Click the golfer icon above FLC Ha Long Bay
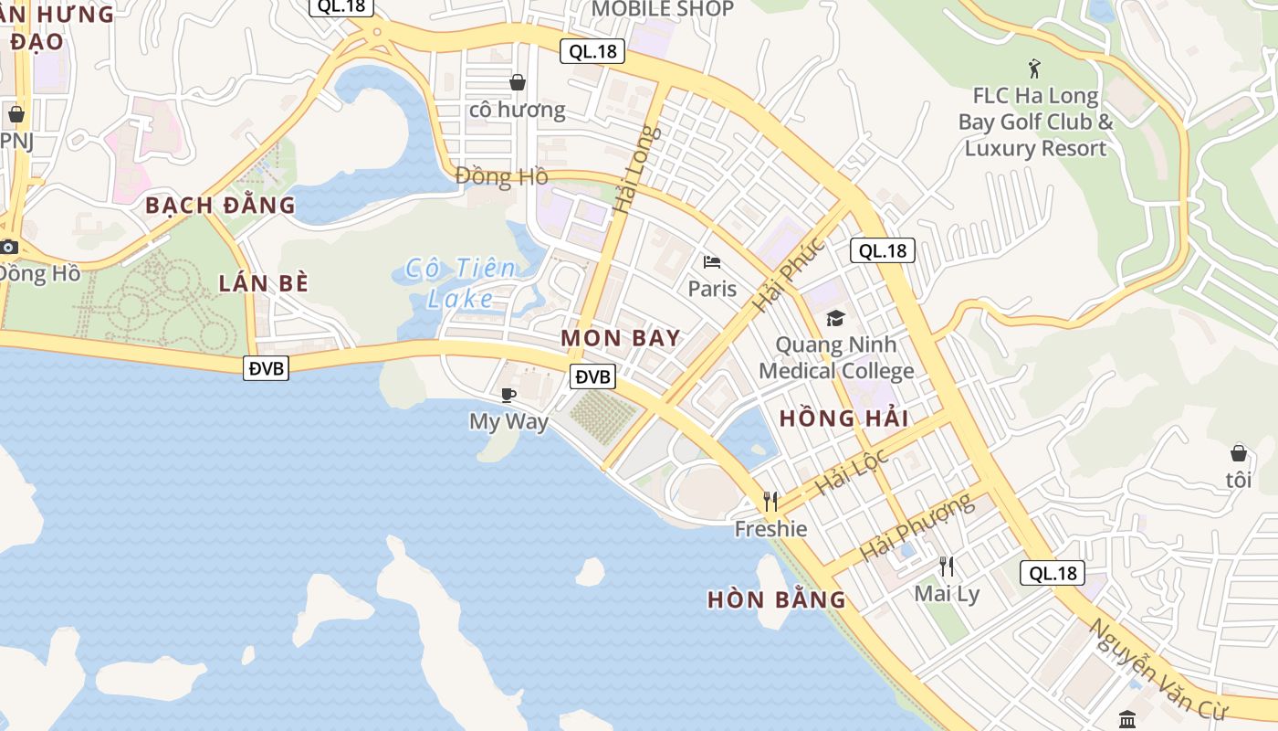tap(1034, 69)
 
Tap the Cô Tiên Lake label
tap(462, 282)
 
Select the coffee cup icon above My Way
tap(508, 395)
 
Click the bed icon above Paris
tap(712, 263)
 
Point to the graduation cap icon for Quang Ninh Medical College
tap(835, 318)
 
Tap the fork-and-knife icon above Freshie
tap(770, 501)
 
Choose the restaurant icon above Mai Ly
tap(947, 567)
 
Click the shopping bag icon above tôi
tap(1239, 452)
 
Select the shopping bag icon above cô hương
tap(518, 82)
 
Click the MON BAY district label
tap(621, 338)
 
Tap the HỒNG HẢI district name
tap(843, 418)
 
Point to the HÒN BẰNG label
tap(777, 600)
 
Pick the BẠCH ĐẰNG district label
tap(221, 205)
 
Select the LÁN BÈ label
tap(264, 283)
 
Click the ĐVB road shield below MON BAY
tap(593, 376)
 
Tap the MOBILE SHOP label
tap(663, 9)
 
